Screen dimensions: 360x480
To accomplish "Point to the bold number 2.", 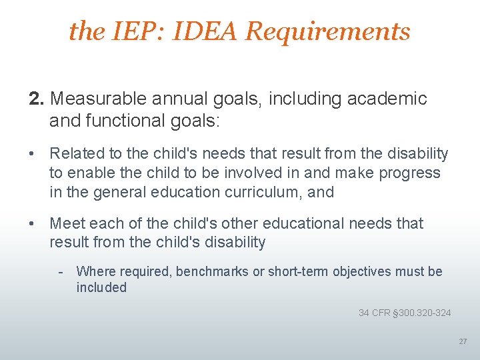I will coord(37,99).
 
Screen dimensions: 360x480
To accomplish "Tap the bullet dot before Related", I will coord(31,154).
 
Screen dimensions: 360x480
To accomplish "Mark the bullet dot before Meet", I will coord(31,223).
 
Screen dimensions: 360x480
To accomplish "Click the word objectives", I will coord(363,271).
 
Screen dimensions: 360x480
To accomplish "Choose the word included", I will coord(101,287).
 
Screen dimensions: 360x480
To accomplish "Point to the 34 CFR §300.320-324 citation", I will coord(404,313).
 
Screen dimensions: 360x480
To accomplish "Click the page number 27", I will coord(463,341).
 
